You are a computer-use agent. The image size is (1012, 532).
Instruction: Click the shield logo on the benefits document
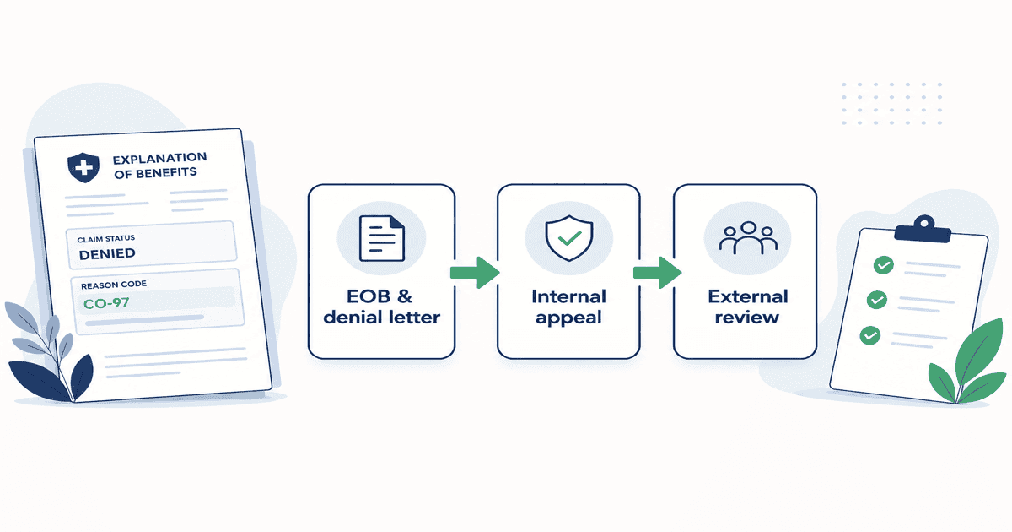click(x=83, y=167)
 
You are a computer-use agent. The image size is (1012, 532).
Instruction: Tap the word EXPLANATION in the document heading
click(x=160, y=159)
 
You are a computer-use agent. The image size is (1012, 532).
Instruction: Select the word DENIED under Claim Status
click(x=107, y=254)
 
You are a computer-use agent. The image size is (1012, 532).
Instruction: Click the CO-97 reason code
click(x=106, y=302)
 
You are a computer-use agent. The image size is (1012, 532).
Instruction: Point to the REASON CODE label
click(x=114, y=285)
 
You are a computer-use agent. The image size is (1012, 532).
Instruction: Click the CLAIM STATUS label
click(x=106, y=238)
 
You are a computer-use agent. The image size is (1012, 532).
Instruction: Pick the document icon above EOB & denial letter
click(x=382, y=238)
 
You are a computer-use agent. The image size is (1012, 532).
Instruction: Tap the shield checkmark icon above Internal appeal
click(x=568, y=238)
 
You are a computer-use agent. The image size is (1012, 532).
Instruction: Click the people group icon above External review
click(x=748, y=238)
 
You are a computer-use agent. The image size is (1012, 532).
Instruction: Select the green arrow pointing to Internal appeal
click(x=475, y=273)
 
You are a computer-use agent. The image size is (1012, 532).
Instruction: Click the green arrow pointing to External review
click(x=657, y=273)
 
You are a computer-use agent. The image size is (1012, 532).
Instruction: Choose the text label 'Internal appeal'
click(x=568, y=307)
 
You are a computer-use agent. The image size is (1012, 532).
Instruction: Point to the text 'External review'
click(x=748, y=307)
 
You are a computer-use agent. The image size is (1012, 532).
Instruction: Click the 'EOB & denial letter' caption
click(x=382, y=307)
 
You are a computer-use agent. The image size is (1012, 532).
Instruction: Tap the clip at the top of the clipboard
click(x=923, y=230)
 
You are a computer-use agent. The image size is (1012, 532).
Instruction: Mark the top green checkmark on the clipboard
click(x=884, y=265)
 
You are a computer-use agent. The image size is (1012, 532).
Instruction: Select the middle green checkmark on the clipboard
click(x=877, y=300)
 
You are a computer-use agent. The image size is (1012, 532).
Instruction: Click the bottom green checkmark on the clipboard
click(x=870, y=335)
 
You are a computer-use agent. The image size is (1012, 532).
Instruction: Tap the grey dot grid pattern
click(x=892, y=104)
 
